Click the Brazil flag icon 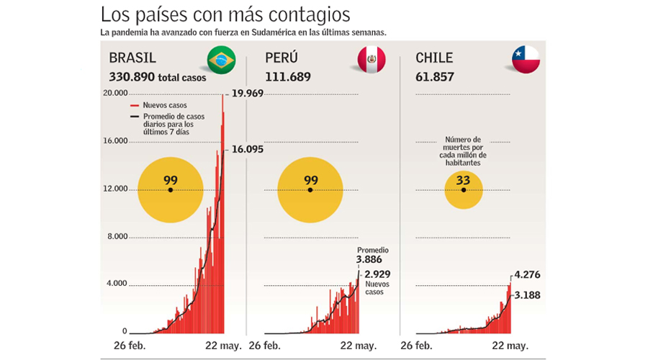(x=221, y=60)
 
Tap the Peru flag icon (x=372, y=60)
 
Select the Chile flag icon (x=526, y=60)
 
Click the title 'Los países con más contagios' (x=225, y=14)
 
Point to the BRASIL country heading (x=132, y=58)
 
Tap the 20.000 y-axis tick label (x=114, y=93)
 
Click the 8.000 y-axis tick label (x=116, y=236)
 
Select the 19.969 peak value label (x=248, y=93)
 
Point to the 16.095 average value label (x=248, y=150)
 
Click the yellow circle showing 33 (x=464, y=189)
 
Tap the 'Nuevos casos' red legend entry (x=161, y=105)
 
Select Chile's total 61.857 (x=434, y=76)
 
